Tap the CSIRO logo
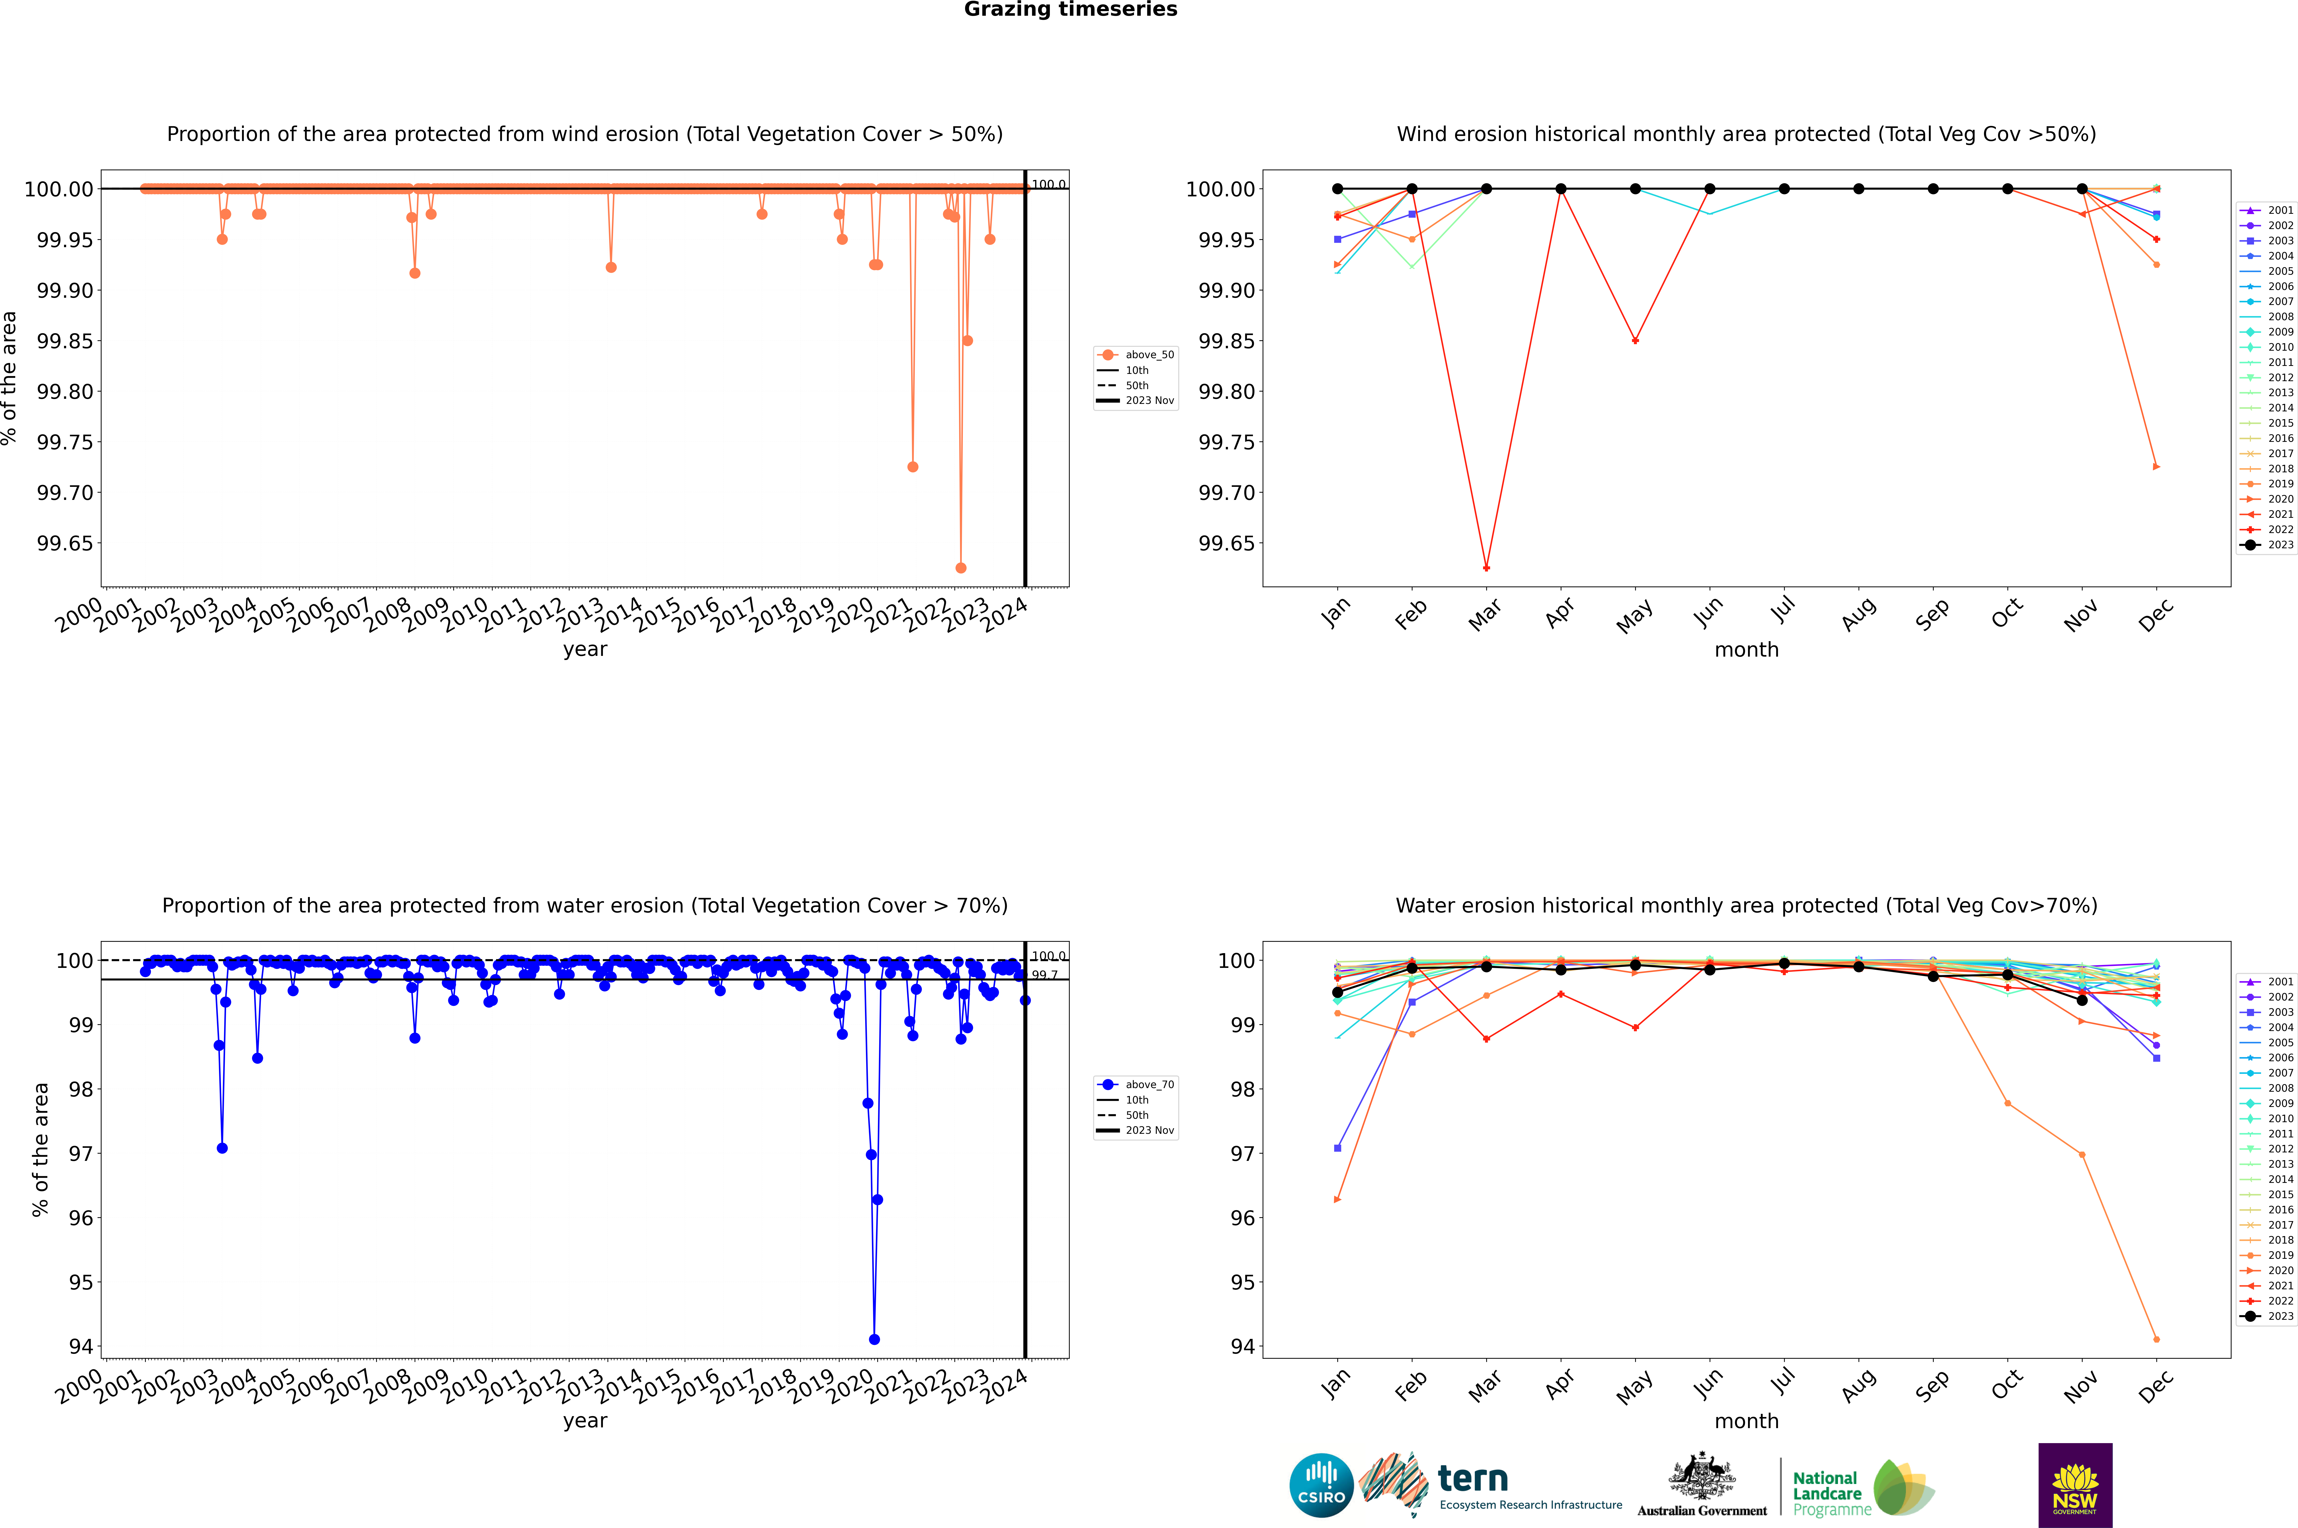point(1321,1485)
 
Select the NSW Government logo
point(2075,1485)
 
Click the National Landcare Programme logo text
point(1828,1493)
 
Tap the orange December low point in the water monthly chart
point(2156,1339)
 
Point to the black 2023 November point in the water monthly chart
point(2082,1000)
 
